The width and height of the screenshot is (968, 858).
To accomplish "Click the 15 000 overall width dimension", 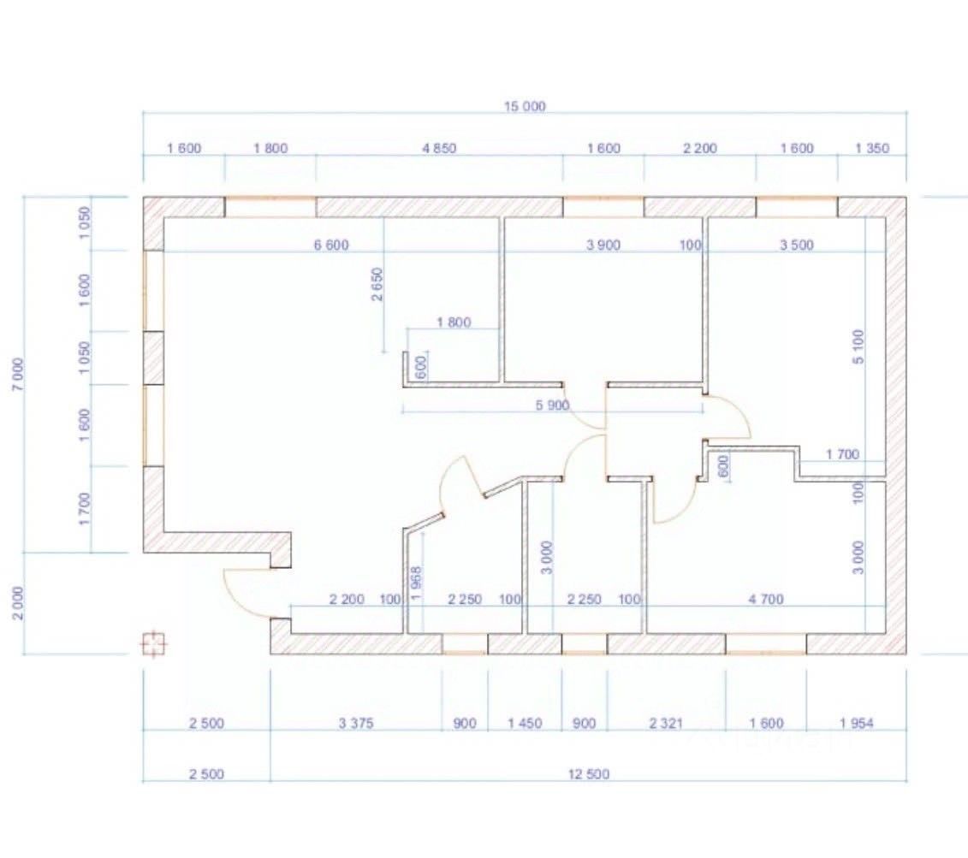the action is coord(525,107).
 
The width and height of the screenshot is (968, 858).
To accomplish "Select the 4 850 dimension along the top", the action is coord(439,148).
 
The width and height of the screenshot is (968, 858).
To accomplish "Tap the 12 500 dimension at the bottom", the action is coord(589,774).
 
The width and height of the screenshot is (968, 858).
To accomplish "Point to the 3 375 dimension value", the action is coord(356,724).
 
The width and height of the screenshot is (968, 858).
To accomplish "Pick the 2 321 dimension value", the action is coord(666,724).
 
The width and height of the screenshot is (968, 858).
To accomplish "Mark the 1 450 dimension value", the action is coord(525,724).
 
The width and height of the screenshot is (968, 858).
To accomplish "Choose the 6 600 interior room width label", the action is coord(331,246).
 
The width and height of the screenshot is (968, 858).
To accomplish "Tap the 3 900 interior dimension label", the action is coord(603,246).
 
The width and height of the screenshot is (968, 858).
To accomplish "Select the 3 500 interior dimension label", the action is coord(797,246).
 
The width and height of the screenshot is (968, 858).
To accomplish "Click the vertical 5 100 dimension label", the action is coord(858,346).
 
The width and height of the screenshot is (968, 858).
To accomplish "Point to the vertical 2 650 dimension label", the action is coord(377,285).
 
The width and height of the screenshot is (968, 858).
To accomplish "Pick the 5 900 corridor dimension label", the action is coord(552,405).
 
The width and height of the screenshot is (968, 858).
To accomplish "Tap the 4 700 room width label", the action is coord(766,600).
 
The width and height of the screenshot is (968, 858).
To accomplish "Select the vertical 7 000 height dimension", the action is coord(20,374).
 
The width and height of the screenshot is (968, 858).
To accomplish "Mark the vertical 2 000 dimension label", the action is coord(20,603).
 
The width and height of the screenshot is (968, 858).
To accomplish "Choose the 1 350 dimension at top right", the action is coord(872,148).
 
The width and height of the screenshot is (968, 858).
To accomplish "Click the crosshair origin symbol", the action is coord(153,642).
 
